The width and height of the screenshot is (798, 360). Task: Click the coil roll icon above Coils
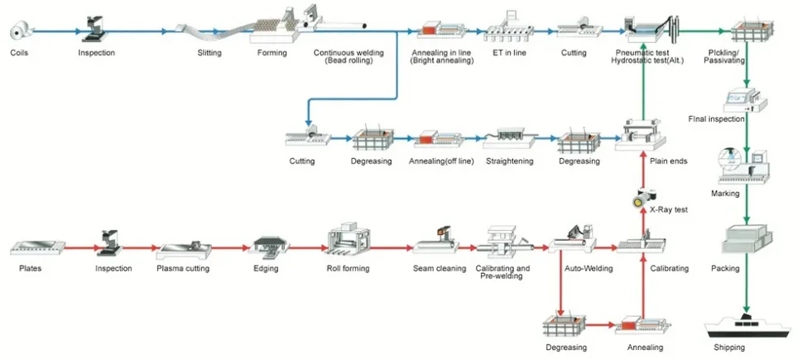pos(22,31)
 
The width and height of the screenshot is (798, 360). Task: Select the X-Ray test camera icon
pos(642,197)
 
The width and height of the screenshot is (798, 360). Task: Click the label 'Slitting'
pos(209,52)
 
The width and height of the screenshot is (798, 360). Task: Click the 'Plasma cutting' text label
pos(183,268)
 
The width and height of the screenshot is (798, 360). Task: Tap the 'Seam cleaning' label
pos(440,268)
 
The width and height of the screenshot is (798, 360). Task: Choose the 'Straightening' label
pos(509,161)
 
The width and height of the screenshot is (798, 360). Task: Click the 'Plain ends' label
pos(668,161)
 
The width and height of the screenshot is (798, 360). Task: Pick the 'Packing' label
pos(726,268)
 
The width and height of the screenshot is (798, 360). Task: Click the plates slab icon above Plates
pos(37,247)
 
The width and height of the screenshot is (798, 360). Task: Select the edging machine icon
pos(269,245)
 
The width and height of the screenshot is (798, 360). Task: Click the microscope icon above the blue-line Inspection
pos(94,29)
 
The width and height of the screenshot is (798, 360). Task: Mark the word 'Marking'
pos(725,193)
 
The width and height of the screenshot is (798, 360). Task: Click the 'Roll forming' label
pos(349,268)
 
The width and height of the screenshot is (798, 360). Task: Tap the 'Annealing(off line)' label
pos(441,161)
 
